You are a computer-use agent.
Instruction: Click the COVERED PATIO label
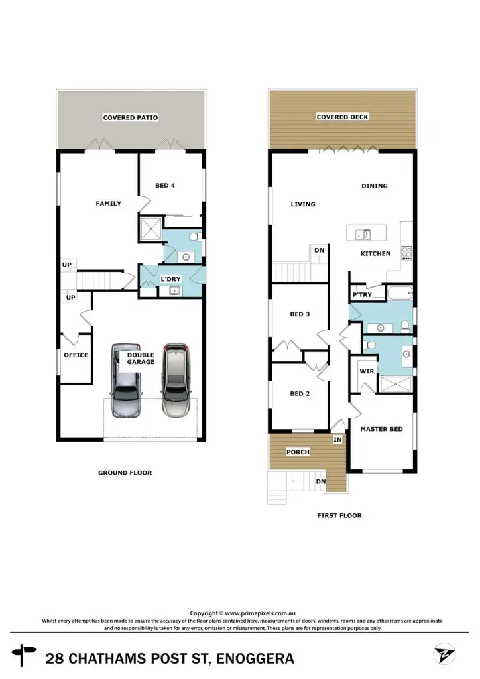[131, 118]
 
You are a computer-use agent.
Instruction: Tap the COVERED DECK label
[342, 117]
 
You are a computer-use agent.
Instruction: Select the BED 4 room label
[165, 186]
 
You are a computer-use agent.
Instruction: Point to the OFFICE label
[76, 355]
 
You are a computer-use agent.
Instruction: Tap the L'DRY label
[171, 280]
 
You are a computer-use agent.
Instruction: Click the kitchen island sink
[362, 233]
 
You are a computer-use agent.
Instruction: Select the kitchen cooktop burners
[406, 253]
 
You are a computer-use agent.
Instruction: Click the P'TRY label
[361, 295]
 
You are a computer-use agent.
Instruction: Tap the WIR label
[366, 372]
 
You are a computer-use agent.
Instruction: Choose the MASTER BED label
[381, 429]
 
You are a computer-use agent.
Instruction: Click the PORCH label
[298, 452]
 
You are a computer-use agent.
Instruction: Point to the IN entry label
[337, 440]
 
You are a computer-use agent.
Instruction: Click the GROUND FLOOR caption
[125, 473]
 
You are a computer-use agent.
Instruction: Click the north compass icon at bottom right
[444, 655]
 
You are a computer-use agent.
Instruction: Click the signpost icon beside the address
[26, 654]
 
